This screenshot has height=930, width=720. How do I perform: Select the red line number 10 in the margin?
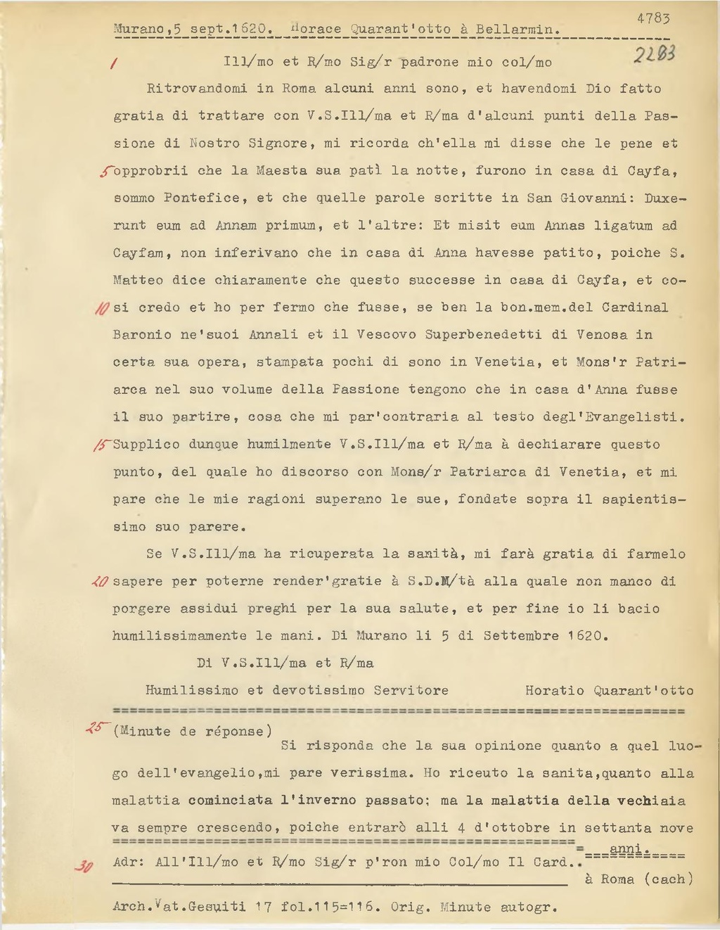(101, 309)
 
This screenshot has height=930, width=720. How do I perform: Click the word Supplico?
(146, 445)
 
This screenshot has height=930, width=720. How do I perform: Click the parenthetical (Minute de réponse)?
(193, 732)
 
